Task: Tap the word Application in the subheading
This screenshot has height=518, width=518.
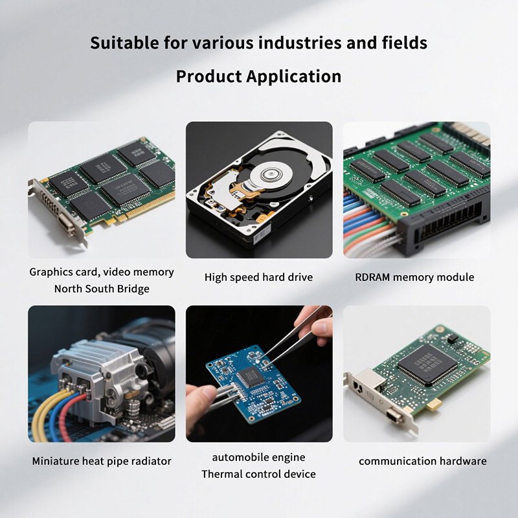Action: click(x=294, y=76)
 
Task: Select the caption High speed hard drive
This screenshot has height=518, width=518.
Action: click(x=258, y=277)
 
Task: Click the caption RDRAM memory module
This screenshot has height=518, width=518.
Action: click(x=414, y=277)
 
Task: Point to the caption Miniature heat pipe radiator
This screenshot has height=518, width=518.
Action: click(x=102, y=461)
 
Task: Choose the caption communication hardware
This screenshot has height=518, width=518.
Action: click(x=423, y=461)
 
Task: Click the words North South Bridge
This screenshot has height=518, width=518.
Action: click(x=102, y=289)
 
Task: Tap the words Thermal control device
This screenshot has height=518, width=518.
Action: click(x=258, y=474)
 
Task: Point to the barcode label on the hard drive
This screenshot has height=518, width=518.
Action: click(x=262, y=234)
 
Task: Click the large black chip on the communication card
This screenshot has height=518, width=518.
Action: click(x=427, y=364)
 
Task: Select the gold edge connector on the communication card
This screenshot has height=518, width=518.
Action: click(x=434, y=405)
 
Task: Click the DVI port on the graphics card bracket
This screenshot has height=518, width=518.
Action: click(x=67, y=223)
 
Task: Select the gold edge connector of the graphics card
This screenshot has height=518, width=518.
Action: click(x=145, y=207)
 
